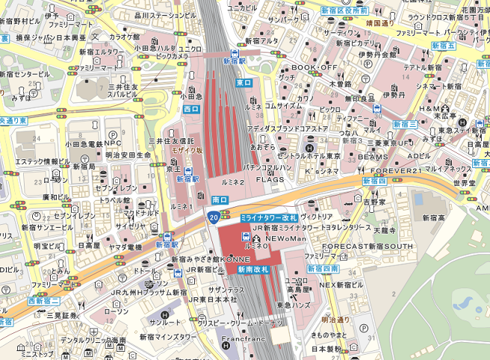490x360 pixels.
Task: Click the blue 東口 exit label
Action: (x=244, y=82)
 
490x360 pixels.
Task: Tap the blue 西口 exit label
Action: (x=191, y=109)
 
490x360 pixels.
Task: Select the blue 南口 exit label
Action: (x=220, y=200)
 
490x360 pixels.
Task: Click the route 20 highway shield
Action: (x=214, y=217)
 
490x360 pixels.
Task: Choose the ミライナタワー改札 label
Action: (x=269, y=217)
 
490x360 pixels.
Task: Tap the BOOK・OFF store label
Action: (x=314, y=68)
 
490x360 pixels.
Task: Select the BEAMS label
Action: (x=373, y=157)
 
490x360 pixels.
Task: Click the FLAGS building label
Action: (x=270, y=179)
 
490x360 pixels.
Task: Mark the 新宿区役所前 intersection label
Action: (x=344, y=11)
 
